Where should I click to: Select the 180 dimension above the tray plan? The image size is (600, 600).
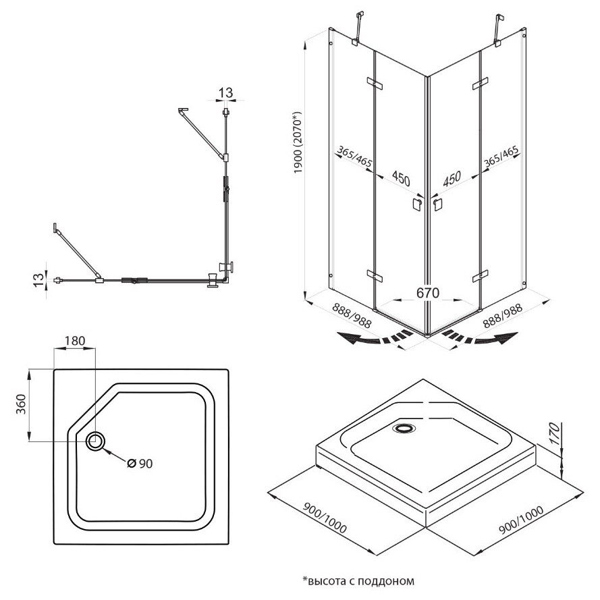[x=74, y=341]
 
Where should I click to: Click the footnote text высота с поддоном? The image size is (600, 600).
[x=357, y=580]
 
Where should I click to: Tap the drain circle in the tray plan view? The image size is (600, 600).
[x=95, y=441]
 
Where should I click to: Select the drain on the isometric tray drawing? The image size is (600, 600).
[x=405, y=427]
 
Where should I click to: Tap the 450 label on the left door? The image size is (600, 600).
[x=401, y=179]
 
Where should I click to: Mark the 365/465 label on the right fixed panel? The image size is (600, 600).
[x=501, y=161]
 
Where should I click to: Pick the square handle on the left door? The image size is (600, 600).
[x=416, y=204]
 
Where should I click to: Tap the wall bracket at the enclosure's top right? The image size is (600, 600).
[x=499, y=31]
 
